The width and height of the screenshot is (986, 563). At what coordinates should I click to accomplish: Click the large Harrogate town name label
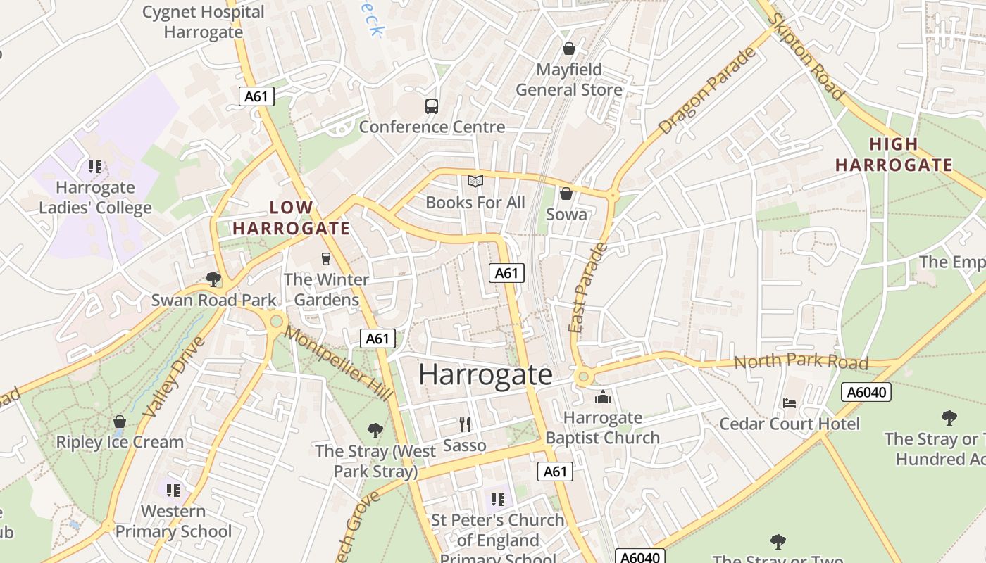coord(485,374)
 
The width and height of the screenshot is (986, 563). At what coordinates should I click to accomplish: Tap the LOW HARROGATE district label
coord(291,218)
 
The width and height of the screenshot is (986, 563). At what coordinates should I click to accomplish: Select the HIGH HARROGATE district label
coord(894,155)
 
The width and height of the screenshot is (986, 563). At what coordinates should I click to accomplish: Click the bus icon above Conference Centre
coord(432,106)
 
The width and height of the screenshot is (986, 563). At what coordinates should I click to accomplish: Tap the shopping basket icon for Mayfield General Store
coord(568,49)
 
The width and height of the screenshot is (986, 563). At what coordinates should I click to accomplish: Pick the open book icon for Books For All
coord(475,182)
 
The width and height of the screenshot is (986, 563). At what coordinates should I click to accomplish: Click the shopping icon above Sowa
coord(566,194)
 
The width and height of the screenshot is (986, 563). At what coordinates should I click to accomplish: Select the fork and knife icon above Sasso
coord(464,424)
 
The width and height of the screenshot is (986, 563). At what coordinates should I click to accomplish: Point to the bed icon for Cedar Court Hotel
coord(790,403)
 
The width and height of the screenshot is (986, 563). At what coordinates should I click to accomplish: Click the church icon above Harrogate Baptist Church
coord(602,397)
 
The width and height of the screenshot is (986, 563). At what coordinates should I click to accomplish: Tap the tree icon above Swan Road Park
coord(213,279)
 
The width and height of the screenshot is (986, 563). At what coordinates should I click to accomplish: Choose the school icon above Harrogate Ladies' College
coord(95,167)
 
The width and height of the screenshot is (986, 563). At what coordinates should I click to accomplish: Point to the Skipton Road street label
coord(807,56)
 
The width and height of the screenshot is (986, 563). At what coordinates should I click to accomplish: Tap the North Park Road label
coord(801,362)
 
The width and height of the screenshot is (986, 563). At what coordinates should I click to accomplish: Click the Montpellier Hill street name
coord(339,364)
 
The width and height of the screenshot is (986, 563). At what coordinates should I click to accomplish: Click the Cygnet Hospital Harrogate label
coord(203,22)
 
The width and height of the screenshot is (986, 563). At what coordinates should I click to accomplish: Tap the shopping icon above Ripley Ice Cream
coord(120,422)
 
